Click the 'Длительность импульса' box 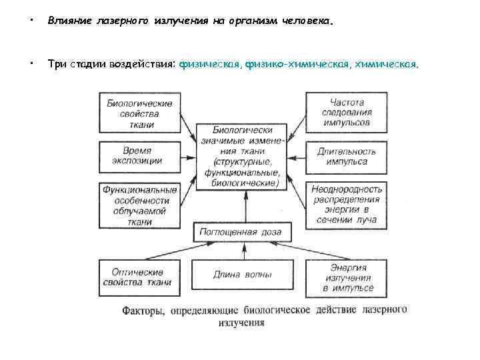pyautogui.click(x=347, y=156)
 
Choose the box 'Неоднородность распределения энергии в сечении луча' pyautogui.click(x=347, y=203)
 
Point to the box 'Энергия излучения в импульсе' pyautogui.click(x=347, y=277)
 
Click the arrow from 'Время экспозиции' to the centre pyautogui.click(x=190, y=157)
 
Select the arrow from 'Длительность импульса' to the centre pyautogui.click(x=297, y=157)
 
